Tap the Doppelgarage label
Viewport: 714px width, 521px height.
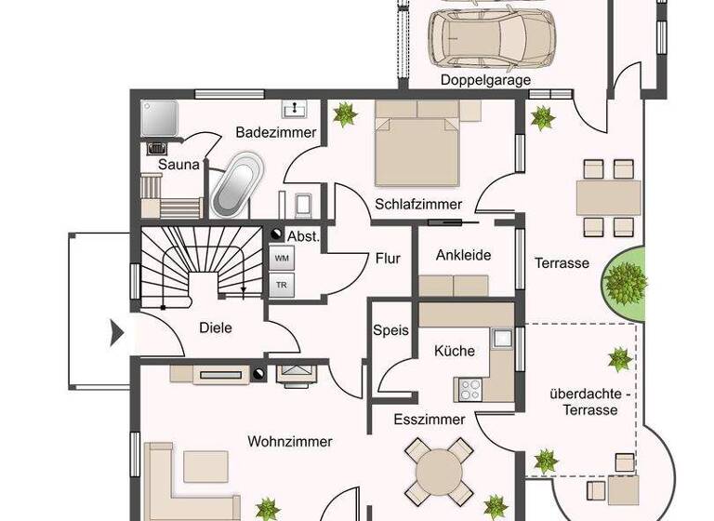click(485, 81)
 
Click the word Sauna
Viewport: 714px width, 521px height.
click(178, 165)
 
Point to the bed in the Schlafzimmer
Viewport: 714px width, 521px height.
click(417, 143)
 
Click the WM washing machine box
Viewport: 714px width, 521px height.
click(282, 257)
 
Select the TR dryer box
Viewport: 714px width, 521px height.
click(282, 286)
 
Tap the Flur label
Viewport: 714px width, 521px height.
click(388, 259)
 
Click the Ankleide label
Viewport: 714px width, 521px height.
click(463, 255)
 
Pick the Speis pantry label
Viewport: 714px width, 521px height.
click(390, 330)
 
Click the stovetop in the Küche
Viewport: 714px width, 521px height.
click(468, 386)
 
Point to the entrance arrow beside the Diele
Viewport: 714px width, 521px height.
click(117, 332)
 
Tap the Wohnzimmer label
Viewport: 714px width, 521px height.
click(289, 442)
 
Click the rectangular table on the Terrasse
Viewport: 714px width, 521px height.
click(608, 198)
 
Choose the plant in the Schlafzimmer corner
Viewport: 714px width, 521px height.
click(346, 114)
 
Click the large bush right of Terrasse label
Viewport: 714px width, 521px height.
click(626, 279)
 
